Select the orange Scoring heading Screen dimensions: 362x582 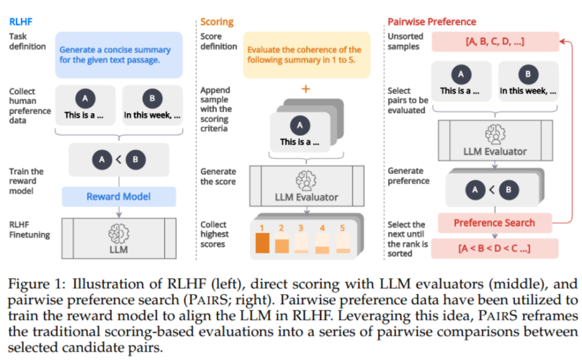pos(217,22)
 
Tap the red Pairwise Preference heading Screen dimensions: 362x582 pos(432,22)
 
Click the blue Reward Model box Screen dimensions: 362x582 pos(119,197)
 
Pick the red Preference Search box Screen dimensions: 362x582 pos(494,222)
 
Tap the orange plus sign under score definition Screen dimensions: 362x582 pos(306,89)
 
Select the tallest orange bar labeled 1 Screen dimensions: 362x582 pos(262,243)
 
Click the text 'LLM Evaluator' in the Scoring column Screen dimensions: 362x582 pos(306,197)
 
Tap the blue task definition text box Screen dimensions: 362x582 pos(119,54)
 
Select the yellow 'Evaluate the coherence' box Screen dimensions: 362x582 pos(306,54)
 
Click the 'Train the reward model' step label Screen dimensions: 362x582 pos(26,181)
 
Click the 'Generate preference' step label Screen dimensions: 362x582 pos(406,176)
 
